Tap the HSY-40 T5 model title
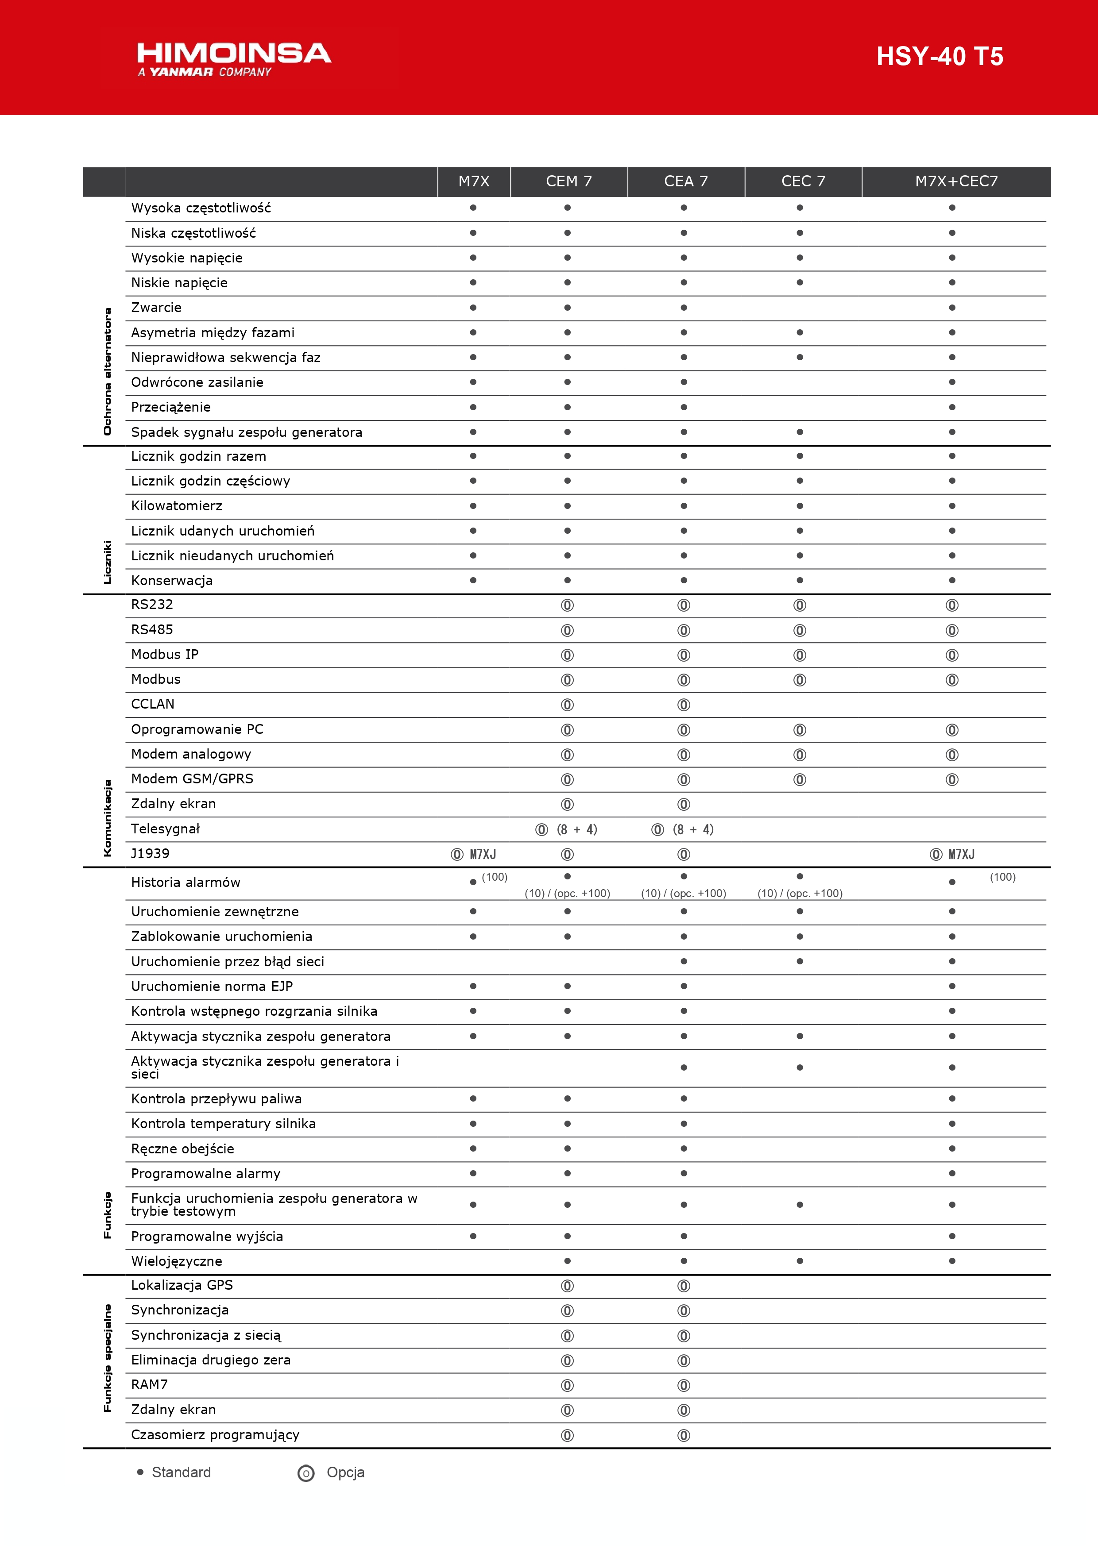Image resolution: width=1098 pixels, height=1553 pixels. click(939, 57)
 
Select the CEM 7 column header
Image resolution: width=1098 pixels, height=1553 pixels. click(568, 181)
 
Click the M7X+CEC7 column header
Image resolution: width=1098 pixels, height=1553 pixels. click(956, 181)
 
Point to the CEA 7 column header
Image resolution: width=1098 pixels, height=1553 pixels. click(685, 181)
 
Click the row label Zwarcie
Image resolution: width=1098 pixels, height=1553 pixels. click(156, 308)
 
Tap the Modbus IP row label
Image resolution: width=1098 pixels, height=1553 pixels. click(164, 655)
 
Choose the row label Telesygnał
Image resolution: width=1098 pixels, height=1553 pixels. click(165, 829)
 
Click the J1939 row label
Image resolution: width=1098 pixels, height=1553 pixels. click(150, 854)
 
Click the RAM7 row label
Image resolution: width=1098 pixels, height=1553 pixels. click(149, 1384)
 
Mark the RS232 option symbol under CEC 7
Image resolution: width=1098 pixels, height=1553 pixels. click(800, 605)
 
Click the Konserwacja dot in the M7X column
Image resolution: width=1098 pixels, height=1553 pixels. click(473, 580)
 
